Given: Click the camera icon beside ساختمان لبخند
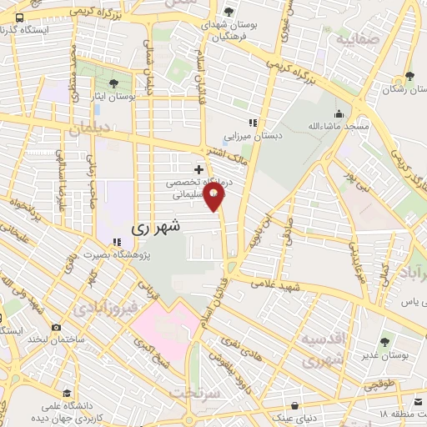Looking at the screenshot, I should coord(56,328).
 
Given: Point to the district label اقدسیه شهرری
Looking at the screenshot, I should coord(320,350).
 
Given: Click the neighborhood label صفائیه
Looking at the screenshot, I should coord(354,38).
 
